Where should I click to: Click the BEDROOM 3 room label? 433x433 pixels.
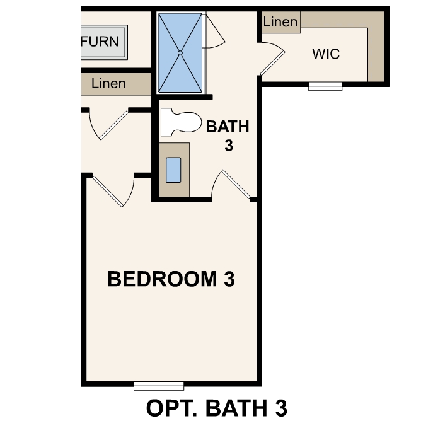click(x=171, y=279)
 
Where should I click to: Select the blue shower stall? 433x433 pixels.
click(x=180, y=53)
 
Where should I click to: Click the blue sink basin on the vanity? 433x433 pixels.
click(x=173, y=169)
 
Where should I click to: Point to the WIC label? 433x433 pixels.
click(x=326, y=54)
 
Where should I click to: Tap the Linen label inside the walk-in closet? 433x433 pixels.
click(x=280, y=22)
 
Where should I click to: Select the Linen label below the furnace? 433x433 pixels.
click(x=108, y=83)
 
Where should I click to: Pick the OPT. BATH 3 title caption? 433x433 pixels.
click(x=217, y=408)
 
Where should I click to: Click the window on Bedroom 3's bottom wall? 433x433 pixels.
click(x=159, y=384)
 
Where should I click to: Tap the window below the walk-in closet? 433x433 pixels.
click(x=325, y=86)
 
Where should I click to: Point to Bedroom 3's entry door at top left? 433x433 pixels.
click(x=114, y=189)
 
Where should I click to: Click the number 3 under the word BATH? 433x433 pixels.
click(x=228, y=146)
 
